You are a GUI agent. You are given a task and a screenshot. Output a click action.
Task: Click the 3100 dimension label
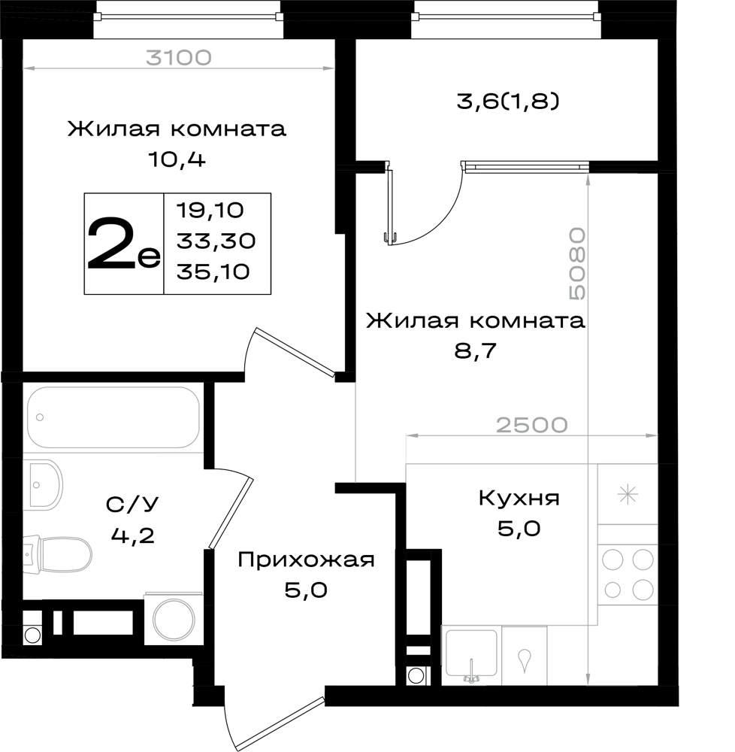pyautogui.click(x=178, y=58)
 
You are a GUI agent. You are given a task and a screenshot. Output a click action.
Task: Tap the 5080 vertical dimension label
pyautogui.click(x=577, y=264)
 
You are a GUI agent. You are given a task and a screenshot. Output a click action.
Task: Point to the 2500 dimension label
pyautogui.click(x=532, y=425)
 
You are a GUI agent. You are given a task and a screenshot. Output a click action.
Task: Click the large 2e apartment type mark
pyautogui.click(x=122, y=244)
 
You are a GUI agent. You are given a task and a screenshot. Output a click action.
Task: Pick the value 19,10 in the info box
pyautogui.click(x=210, y=210)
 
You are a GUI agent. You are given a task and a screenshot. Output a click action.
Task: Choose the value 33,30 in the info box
pyautogui.click(x=216, y=241)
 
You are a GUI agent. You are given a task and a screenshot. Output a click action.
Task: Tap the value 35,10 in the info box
pyautogui.click(x=213, y=271)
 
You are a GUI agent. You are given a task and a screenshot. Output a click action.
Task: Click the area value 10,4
pyautogui.click(x=177, y=159)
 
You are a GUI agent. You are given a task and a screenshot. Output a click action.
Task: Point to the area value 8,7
pyautogui.click(x=475, y=351)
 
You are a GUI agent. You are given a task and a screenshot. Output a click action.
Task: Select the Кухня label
pyautogui.click(x=519, y=499)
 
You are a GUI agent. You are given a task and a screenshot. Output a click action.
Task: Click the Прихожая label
pyautogui.click(x=306, y=559)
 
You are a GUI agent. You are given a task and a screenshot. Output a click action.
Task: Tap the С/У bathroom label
pyautogui.click(x=132, y=504)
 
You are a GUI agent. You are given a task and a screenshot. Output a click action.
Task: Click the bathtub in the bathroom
pyautogui.click(x=113, y=417)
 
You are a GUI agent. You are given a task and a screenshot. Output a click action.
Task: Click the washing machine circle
pyautogui.click(x=174, y=619)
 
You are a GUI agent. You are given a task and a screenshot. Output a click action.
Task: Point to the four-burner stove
pyautogui.click(x=628, y=574)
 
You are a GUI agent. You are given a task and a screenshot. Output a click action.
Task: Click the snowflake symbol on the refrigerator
pyautogui.click(x=628, y=495)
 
